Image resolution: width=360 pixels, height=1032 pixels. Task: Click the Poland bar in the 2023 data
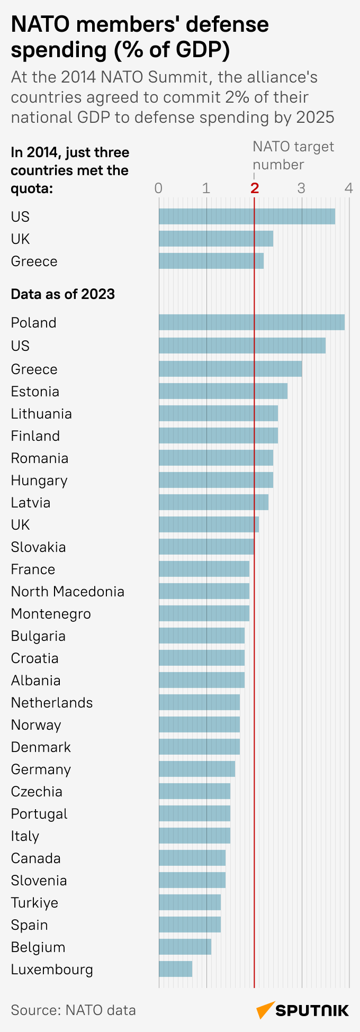click(251, 322)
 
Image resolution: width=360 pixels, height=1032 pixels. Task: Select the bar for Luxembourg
click(175, 969)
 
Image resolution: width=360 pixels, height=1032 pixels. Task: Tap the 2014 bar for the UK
click(216, 239)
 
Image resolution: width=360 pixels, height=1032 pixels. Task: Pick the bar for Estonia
click(223, 391)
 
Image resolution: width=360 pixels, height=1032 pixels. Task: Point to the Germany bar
click(197, 769)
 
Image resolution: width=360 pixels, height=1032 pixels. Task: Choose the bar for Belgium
click(185, 947)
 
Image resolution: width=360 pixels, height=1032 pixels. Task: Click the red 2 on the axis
click(255, 188)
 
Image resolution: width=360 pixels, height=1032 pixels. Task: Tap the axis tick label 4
click(348, 188)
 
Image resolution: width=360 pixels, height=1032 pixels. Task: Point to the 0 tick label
click(158, 188)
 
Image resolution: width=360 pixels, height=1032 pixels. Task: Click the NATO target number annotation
click(293, 156)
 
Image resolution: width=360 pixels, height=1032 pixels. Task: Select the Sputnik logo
click(303, 1010)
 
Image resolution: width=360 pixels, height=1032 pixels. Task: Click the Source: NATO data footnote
click(74, 1010)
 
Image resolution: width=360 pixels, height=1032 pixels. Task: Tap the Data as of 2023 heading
click(63, 294)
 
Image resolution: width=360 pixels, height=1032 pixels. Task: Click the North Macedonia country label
click(68, 591)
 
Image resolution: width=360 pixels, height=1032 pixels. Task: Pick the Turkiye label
click(34, 903)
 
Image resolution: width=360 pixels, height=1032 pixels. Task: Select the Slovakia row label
click(38, 547)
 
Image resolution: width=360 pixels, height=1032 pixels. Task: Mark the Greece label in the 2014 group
click(34, 261)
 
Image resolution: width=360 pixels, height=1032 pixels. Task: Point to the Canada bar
click(192, 858)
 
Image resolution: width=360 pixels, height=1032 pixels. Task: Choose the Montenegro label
click(51, 614)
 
